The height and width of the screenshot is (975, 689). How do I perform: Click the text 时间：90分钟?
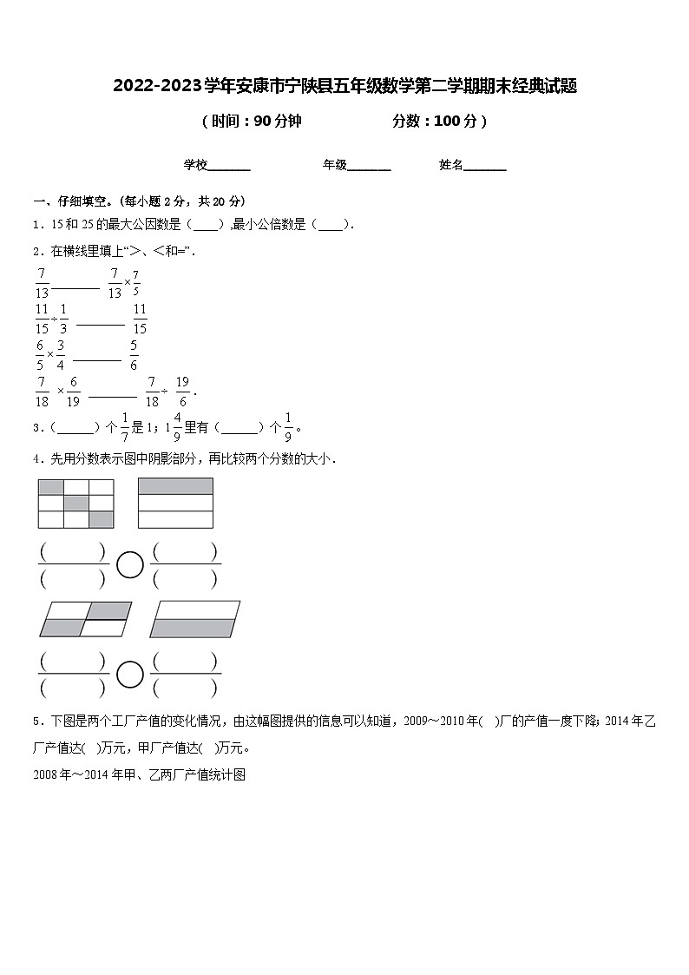(x=252, y=122)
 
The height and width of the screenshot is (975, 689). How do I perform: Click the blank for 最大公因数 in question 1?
(x=206, y=225)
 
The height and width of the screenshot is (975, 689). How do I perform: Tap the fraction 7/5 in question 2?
(x=136, y=283)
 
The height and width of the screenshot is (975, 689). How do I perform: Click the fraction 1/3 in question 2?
(x=63, y=319)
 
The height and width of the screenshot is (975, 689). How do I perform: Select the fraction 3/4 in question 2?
(x=61, y=354)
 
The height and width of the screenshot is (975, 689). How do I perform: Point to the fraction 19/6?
(x=181, y=390)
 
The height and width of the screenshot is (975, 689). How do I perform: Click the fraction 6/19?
(x=74, y=390)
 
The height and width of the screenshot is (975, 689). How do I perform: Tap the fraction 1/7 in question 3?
(x=125, y=426)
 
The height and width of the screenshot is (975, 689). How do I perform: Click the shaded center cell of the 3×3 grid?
(x=76, y=503)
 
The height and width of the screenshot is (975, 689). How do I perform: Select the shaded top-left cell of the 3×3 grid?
(x=51, y=486)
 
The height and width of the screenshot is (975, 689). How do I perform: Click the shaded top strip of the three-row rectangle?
(x=175, y=486)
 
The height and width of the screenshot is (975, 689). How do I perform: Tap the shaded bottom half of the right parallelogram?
(x=193, y=628)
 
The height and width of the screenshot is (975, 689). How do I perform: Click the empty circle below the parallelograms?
(x=130, y=674)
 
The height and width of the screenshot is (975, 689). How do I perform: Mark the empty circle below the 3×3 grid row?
(x=130, y=564)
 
